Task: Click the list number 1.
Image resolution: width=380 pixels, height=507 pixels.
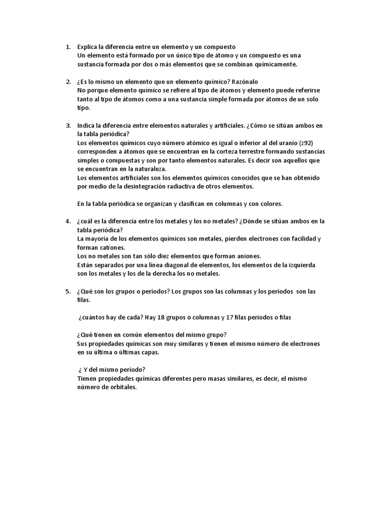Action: (68, 47)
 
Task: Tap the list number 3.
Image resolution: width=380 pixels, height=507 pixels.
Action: (68, 126)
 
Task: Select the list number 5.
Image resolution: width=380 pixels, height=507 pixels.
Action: (68, 291)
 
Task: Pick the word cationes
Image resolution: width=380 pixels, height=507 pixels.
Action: (112, 248)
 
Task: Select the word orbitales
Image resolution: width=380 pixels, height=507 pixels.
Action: (120, 387)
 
